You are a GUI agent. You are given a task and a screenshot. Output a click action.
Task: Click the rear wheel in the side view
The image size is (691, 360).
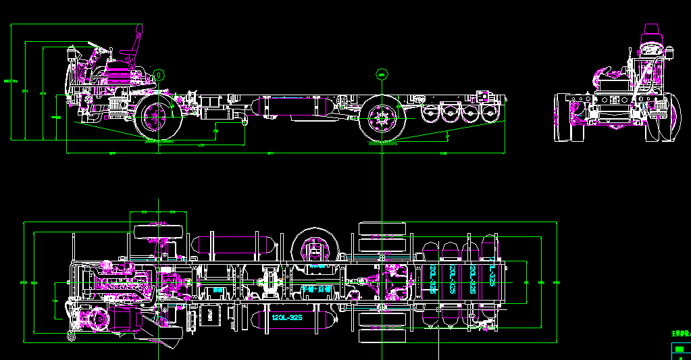380,120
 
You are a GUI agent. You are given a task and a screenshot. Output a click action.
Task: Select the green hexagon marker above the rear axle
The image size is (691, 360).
381,74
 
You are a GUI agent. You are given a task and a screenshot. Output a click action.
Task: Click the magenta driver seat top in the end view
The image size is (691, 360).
652,30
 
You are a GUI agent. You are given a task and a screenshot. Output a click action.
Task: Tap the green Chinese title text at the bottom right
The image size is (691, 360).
679,333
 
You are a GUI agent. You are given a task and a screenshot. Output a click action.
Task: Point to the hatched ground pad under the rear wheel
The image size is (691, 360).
382,143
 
